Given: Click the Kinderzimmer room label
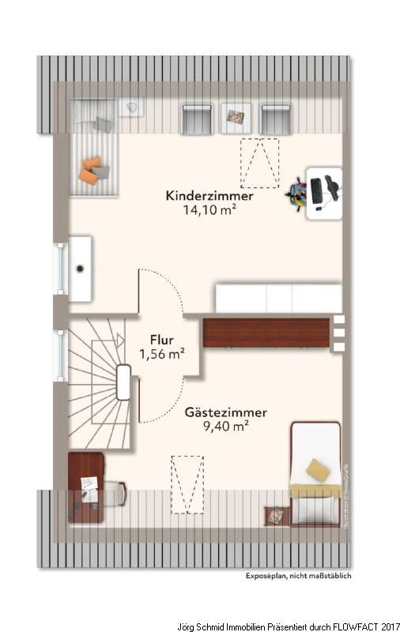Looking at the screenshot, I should pos(209,196).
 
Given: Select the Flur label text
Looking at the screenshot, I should pos(162,341).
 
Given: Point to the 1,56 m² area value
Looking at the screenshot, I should pos(162,355).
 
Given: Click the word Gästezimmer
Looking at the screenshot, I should pos(226,412).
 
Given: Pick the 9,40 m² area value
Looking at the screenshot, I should pos(226,427).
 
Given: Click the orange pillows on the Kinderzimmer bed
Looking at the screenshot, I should pos(91,171).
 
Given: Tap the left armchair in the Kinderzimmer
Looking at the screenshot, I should pos(197,118).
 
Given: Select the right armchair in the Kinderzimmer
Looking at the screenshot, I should pos(275,118).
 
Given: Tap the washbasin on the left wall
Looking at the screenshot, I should pos(80,268).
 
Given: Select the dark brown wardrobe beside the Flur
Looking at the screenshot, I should pos(266,332).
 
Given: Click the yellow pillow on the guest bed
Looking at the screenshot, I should pos(318,469).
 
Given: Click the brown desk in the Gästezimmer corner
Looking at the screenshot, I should pos(85,486).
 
